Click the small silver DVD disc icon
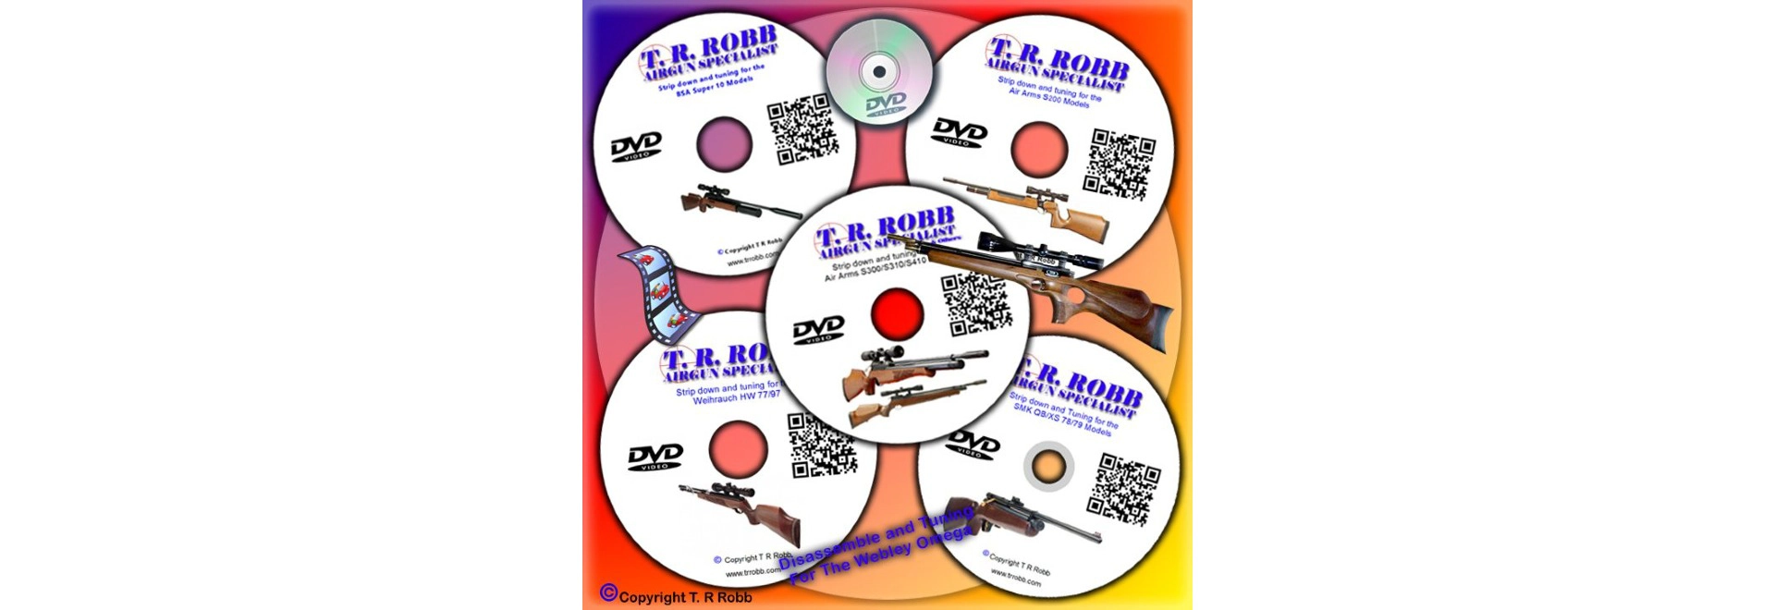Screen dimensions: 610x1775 tap(879, 71)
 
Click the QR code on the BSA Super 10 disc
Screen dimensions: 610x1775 tap(802, 128)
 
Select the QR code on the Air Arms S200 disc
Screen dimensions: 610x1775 tap(1120, 165)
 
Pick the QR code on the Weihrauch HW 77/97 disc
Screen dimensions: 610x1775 tap(822, 445)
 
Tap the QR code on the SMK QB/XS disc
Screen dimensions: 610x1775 tap(1123, 490)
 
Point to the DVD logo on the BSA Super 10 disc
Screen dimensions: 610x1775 tap(636, 146)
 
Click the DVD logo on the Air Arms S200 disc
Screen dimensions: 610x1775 tap(959, 132)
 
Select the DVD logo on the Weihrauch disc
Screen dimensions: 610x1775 tap(655, 457)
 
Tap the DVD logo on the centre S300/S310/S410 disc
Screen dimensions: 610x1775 tap(818, 330)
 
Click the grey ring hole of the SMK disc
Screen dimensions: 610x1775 tap(1047, 467)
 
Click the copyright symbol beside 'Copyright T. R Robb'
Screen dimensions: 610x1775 tap(607, 592)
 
